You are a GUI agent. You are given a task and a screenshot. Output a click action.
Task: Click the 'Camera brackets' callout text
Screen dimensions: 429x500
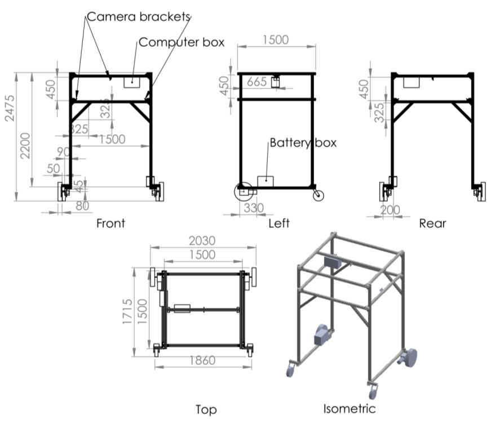139,17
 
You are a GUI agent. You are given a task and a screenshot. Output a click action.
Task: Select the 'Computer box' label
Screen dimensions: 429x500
182,42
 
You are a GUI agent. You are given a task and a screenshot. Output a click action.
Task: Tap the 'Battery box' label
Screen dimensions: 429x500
303,142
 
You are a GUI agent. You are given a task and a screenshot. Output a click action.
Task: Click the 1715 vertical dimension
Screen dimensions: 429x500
128,311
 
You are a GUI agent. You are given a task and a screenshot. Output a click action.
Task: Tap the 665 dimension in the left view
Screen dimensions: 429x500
256,82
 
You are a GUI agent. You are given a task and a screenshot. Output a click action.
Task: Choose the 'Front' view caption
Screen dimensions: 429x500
110,224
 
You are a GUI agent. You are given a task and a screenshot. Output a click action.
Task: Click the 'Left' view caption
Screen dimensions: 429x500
278,224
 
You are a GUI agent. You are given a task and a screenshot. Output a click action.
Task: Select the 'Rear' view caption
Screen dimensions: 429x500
432,224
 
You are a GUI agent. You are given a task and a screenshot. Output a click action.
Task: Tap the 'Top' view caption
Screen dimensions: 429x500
206,409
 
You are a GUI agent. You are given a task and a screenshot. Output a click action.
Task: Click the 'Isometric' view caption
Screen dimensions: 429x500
349,408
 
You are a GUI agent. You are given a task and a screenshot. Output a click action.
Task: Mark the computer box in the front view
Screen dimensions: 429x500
131,81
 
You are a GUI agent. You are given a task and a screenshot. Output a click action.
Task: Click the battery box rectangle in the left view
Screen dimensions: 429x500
265,181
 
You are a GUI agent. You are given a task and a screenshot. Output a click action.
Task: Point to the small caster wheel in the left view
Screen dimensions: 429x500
318,195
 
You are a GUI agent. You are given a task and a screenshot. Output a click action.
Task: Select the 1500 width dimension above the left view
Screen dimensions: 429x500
276,40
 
